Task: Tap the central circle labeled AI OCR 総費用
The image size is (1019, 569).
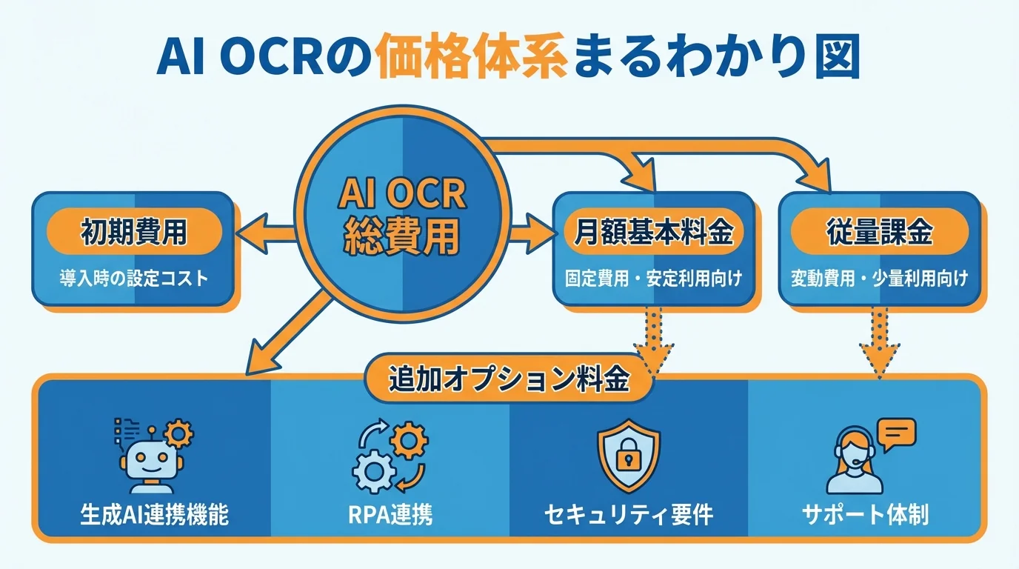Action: pyautogui.click(x=402, y=215)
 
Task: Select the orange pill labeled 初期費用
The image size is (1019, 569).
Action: pyautogui.click(x=134, y=234)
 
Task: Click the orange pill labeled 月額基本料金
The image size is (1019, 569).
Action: pyautogui.click(x=654, y=234)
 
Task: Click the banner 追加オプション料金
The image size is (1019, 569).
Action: pyautogui.click(x=509, y=380)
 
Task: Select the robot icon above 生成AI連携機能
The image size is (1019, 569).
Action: pyautogui.click(x=151, y=453)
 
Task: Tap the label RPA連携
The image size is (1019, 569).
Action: pyautogui.click(x=390, y=513)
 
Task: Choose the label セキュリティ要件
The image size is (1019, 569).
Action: pyautogui.click(x=628, y=513)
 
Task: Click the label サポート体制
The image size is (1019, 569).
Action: pyautogui.click(x=865, y=513)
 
